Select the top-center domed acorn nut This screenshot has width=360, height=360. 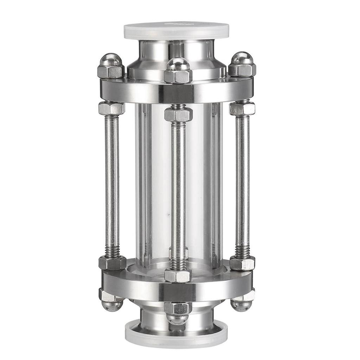tap(178, 70)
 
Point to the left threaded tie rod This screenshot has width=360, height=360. tap(112, 183)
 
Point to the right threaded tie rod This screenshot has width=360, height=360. tap(242, 183)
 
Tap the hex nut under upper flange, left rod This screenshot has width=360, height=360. tap(112, 108)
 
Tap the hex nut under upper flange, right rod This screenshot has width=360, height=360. tap(242, 108)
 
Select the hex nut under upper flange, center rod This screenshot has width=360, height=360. tap(178, 114)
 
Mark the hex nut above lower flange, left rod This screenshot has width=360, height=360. tap(112, 262)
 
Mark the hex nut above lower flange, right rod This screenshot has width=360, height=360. tap(242, 263)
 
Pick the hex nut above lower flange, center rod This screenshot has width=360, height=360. tap(178, 275)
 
